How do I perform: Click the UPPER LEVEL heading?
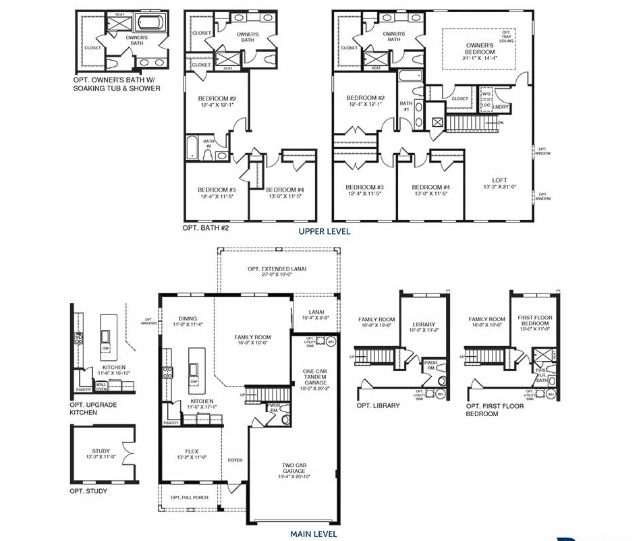point(325,231)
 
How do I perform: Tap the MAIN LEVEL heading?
point(314,534)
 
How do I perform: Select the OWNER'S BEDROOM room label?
point(480,49)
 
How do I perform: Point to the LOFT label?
point(499,180)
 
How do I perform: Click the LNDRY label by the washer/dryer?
point(501,107)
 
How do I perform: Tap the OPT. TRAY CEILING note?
point(507,36)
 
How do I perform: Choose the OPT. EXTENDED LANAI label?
point(277,268)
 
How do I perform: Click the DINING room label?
point(187,319)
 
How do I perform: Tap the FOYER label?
point(235,460)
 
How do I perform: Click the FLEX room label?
point(192,451)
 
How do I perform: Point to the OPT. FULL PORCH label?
point(189,498)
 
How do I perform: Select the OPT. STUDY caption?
point(88,491)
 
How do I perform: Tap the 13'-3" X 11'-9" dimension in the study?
point(101,457)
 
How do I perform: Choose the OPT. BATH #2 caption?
point(206,228)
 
